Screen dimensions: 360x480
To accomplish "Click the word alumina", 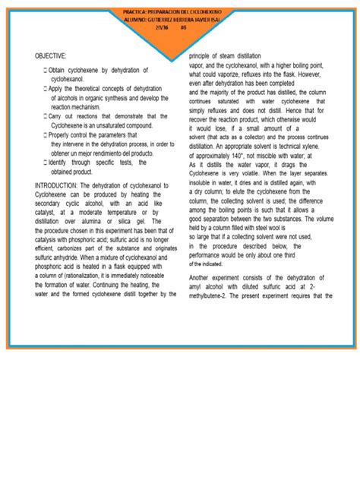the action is click(111, 220).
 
